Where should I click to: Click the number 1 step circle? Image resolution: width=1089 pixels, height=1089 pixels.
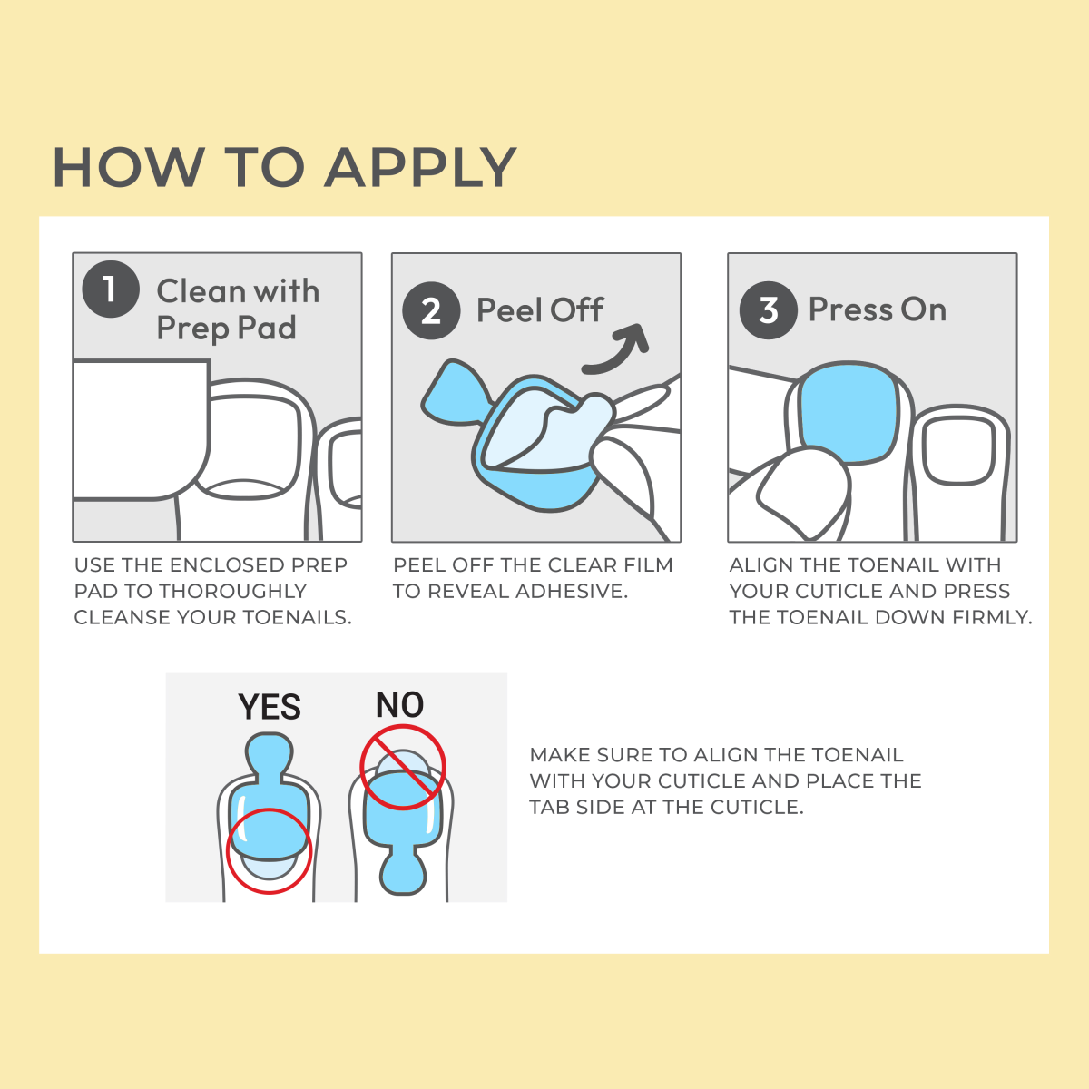[x=111, y=289]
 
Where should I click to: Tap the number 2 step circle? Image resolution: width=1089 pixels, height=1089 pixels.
[x=431, y=311]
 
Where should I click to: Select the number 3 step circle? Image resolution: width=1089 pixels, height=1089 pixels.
[x=768, y=310]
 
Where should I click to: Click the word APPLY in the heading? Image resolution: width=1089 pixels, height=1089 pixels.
[x=421, y=168]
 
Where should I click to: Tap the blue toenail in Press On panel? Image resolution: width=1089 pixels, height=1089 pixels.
[x=849, y=412]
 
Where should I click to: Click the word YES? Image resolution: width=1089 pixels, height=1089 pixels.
[x=270, y=707]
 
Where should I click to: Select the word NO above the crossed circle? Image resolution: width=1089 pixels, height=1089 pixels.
[x=399, y=705]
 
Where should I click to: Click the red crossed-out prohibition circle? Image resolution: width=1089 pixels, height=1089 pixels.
[x=403, y=767]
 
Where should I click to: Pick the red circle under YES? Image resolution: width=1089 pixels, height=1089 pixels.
[x=269, y=850]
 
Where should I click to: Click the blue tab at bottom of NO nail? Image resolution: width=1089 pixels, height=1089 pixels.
[x=403, y=871]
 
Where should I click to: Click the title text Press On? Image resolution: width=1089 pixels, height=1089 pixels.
[x=877, y=310]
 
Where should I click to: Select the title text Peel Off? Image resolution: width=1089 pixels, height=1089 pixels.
[x=540, y=310]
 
